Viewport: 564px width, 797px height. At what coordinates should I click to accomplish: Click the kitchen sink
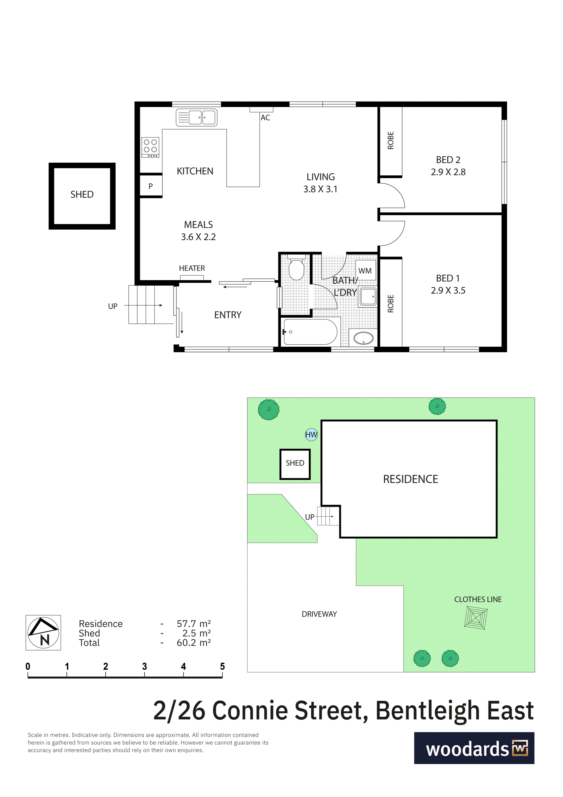pos(197,117)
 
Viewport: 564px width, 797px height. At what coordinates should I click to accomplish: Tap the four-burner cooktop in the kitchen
pos(150,147)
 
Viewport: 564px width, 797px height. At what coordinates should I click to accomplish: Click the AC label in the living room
pos(265,118)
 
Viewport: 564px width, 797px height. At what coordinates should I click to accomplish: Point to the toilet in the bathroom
pos(296,267)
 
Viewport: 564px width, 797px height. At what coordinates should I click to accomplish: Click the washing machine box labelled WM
pos(365,270)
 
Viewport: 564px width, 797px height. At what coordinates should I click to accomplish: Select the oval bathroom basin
pos(363,338)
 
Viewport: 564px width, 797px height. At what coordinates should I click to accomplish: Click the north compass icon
pos(43,633)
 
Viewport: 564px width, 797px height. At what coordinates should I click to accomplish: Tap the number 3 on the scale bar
pos(145,666)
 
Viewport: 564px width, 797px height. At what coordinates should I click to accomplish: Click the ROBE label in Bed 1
pos(391,304)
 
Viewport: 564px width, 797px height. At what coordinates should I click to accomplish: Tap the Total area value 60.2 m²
pos(194,643)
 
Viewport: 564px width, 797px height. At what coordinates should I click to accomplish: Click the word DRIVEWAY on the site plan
pos(319,614)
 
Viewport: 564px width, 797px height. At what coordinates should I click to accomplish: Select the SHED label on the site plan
pos(295,463)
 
